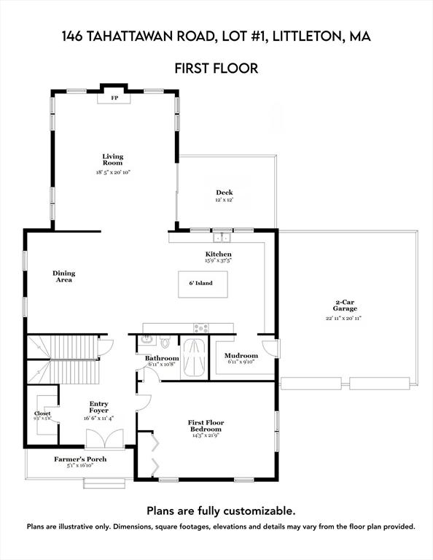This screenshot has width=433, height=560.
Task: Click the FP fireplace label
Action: [114, 98]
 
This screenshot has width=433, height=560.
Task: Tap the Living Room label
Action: [112, 160]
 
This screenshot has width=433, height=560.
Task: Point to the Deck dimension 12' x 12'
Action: [224, 200]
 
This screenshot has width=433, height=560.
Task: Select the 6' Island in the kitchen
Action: [203, 283]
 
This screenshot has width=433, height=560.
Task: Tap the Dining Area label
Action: [63, 276]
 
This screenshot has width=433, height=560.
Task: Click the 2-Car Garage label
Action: [344, 305]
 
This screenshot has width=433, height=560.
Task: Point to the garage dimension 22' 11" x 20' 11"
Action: [344, 318]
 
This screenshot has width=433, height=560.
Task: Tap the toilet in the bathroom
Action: [166, 341]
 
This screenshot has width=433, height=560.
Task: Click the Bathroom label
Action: [162, 358]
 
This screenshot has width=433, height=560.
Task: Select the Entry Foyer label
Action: [98, 407]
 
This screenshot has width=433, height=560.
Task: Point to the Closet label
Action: [42, 413]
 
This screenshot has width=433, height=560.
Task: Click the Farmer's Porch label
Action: [77, 459]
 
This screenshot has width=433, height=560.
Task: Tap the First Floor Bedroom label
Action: [206, 426]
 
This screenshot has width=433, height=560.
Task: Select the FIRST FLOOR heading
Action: [216, 69]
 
